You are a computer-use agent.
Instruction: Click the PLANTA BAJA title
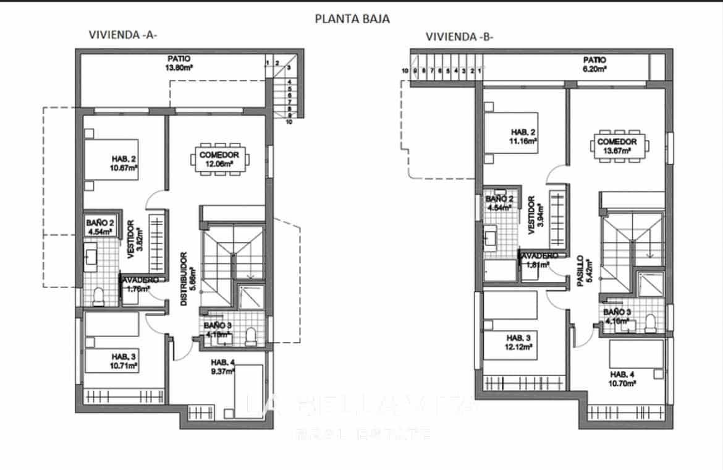point(352,19)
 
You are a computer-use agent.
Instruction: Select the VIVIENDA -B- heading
point(459,36)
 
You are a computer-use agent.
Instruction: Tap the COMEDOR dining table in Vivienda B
point(621,145)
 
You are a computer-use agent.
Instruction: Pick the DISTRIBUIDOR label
point(187,279)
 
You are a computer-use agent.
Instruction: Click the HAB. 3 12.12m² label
point(519,343)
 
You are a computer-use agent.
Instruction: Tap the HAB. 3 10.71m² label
point(124,362)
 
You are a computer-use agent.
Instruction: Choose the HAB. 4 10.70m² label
point(623,378)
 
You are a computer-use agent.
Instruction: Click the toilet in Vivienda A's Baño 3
point(251,336)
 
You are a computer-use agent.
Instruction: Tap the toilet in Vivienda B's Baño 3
point(650,322)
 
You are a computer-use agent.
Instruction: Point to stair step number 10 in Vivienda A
point(289,122)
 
